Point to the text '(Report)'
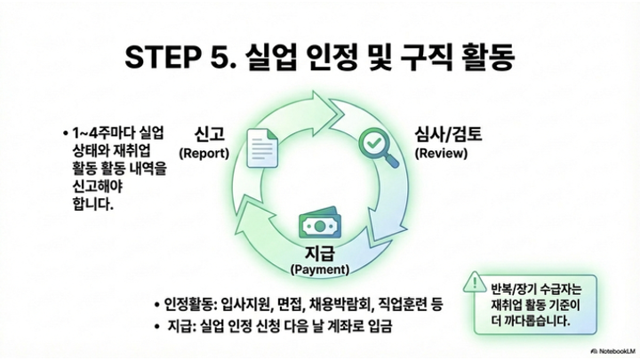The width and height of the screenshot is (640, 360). click(204, 152)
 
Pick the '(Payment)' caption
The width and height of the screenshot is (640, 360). click(319, 268)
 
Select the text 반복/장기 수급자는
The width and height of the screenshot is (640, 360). click(534, 290)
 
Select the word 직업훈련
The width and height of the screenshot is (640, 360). click(401, 304)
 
